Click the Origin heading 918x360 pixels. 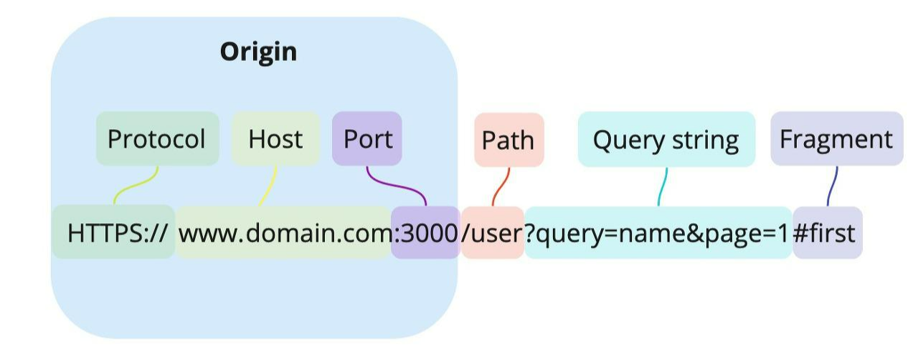[x=258, y=52]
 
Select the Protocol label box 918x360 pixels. [x=157, y=138]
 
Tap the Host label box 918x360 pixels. [x=275, y=138]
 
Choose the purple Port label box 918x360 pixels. [x=367, y=138]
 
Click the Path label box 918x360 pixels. [x=508, y=140]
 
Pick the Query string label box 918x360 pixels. [x=666, y=139]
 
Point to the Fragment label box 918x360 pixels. [x=836, y=138]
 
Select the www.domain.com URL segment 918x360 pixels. [x=284, y=232]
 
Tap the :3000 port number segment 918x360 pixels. [x=426, y=232]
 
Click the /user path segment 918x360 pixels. [x=493, y=232]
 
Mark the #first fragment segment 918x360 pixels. [x=826, y=232]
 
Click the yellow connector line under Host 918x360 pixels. [x=268, y=188]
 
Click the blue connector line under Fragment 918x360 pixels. [x=832, y=186]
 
